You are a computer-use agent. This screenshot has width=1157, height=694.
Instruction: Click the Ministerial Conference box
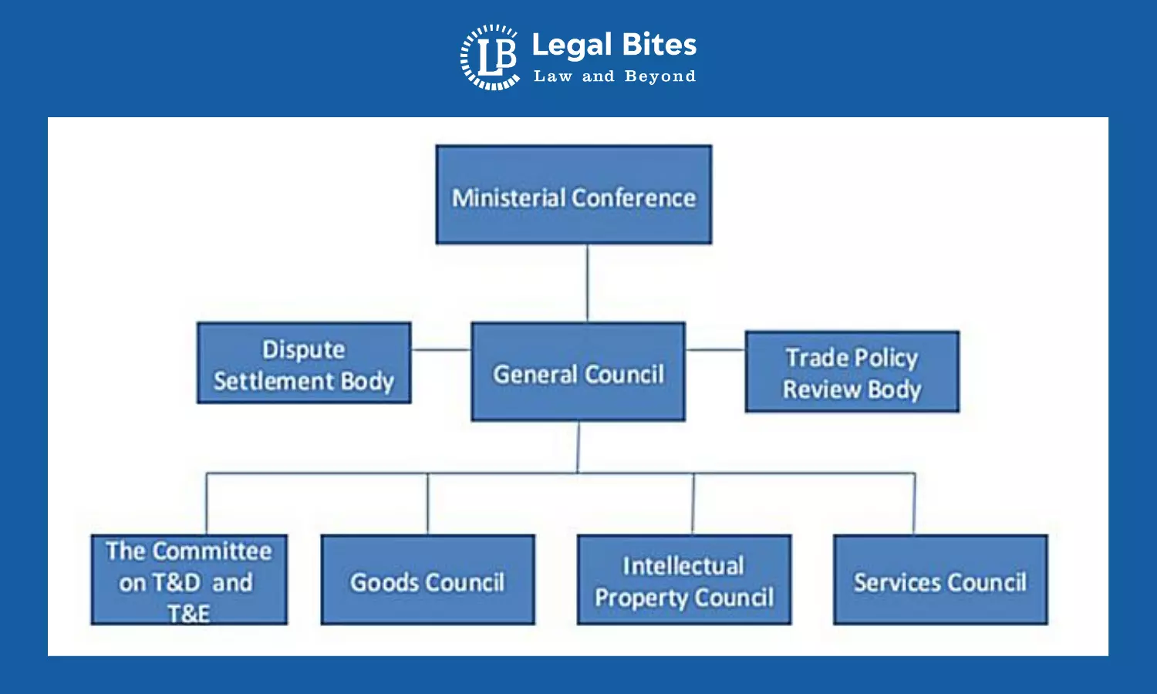pos(573,194)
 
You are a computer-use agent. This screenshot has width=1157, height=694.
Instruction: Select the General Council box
pos(578,372)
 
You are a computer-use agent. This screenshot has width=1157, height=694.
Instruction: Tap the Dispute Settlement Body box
pos(304,363)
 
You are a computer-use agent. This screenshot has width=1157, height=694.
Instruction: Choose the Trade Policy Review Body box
pos(852,372)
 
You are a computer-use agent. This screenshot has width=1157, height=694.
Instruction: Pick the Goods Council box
pos(427,580)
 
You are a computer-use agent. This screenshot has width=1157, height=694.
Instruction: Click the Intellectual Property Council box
pos(683,580)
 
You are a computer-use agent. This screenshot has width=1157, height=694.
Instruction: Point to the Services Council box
pos(939,580)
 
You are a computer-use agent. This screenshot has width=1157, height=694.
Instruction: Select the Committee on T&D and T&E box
pos(189,580)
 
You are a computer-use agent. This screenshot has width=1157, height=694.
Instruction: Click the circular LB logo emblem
pos(490,57)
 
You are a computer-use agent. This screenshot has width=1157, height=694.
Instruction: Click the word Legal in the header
pos(572,45)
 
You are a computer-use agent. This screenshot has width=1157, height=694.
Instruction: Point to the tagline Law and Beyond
pos(614,76)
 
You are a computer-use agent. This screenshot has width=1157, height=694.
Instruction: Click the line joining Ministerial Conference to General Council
pos(587,283)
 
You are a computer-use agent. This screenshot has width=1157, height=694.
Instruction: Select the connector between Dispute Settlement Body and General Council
pos(440,349)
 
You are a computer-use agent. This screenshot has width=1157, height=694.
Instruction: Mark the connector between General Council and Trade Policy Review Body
pos(715,349)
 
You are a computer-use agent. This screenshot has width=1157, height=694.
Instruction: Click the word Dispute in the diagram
pos(304,349)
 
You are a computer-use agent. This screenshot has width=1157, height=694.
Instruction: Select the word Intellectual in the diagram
pos(683,566)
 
